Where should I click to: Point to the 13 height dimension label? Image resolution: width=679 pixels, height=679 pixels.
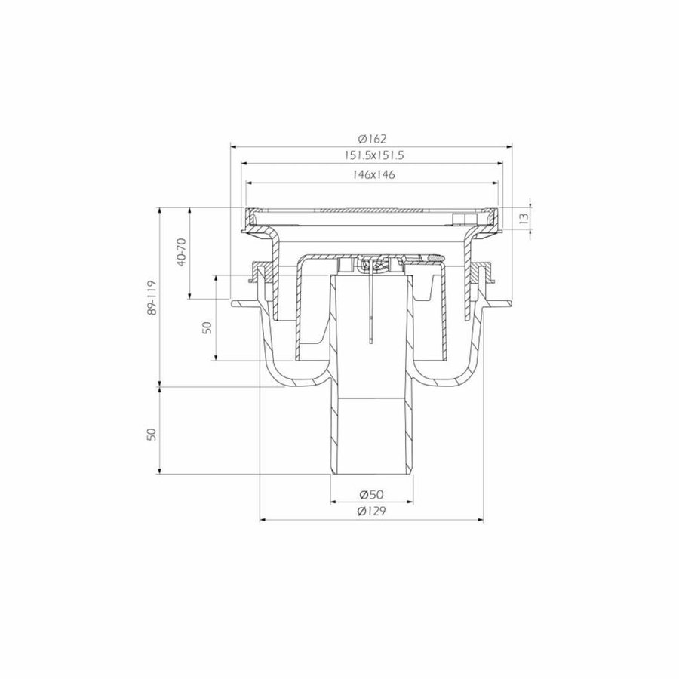[x=522, y=217]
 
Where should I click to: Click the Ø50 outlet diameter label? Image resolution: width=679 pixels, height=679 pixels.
[x=372, y=494]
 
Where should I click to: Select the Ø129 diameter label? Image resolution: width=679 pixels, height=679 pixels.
[x=372, y=512]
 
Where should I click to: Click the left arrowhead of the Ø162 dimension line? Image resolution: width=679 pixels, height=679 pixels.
[x=233, y=146]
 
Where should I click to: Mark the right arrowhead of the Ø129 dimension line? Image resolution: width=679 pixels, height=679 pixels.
[x=481, y=519]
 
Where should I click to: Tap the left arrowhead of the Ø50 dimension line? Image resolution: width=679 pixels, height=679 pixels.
[x=333, y=502]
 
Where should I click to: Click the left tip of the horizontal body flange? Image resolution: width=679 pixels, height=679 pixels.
[x=235, y=305]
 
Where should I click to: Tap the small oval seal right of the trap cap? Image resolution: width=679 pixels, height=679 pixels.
[x=435, y=258]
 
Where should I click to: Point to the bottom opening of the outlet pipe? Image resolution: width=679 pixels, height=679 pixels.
[x=372, y=474]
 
